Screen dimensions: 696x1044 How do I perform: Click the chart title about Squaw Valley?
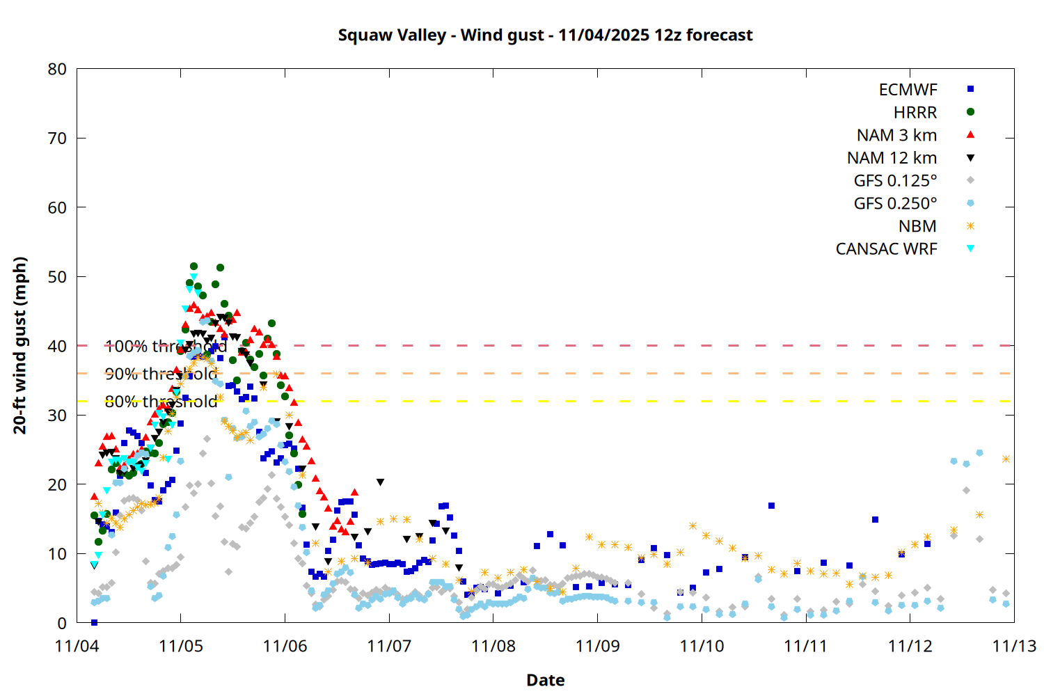tap(545, 35)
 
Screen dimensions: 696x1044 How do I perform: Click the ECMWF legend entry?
tap(908, 90)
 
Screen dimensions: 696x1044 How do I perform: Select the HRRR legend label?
tap(915, 113)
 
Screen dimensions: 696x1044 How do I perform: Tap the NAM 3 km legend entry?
tap(896, 135)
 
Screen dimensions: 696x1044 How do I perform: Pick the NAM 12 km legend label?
tap(892, 158)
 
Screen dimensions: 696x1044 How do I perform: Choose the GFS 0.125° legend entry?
tap(895, 181)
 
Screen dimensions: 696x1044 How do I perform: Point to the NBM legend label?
tap(917, 226)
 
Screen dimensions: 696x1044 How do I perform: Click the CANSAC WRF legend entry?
tap(886, 249)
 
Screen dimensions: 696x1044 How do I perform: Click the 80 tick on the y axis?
tap(58, 69)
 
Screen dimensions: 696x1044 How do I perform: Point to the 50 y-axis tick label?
tap(58, 276)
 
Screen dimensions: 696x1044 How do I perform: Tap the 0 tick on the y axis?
tap(62, 623)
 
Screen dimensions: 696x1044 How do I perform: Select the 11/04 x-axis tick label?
tap(77, 646)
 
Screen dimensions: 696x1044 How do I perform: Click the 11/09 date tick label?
tap(597, 646)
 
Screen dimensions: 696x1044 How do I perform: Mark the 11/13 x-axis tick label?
tap(1013, 646)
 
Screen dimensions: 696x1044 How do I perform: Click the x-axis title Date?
tap(545, 680)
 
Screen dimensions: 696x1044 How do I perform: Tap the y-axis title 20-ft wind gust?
tap(20, 345)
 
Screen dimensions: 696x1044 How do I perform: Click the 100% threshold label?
tap(166, 346)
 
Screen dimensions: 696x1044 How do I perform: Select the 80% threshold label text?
tap(161, 402)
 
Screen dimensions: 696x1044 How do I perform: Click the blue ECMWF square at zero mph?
tap(94, 622)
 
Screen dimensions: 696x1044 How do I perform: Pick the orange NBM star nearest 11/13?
tap(1006, 459)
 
